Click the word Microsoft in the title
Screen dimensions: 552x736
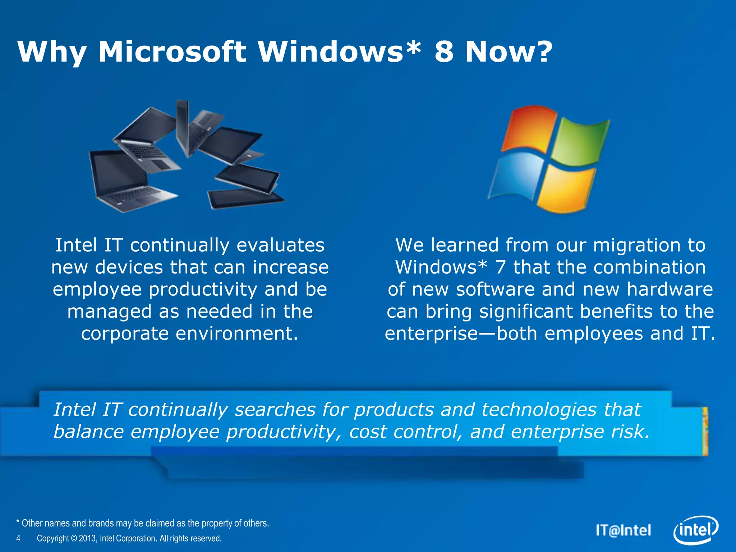tap(172, 52)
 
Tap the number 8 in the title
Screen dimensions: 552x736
tap(444, 52)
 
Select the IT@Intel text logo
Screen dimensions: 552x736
tap(624, 530)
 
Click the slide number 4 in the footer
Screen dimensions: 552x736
tap(18, 538)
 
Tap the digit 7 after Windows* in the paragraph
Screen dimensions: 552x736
tap(500, 268)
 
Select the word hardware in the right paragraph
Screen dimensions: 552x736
tap(670, 290)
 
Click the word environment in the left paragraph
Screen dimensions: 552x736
tap(237, 334)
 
